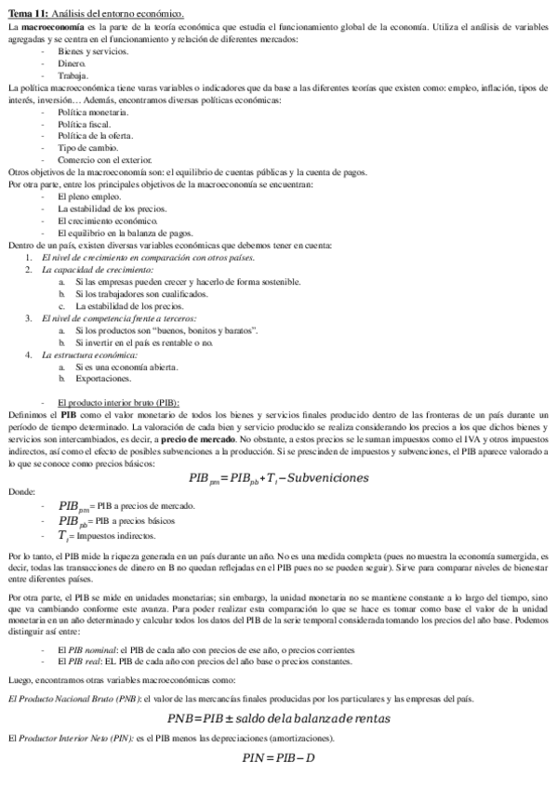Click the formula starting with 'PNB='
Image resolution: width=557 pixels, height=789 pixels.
[x=278, y=692]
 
